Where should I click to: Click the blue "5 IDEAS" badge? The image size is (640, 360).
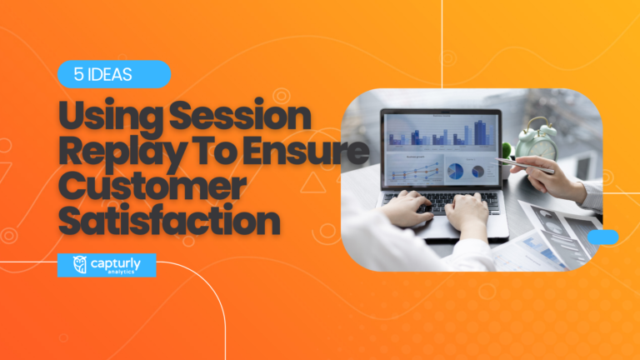pyautogui.click(x=114, y=74)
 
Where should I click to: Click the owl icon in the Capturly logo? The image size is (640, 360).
pyautogui.click(x=80, y=264)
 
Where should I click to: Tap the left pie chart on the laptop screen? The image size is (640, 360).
pyautogui.click(x=456, y=171)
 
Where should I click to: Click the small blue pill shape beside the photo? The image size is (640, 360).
pyautogui.click(x=602, y=237)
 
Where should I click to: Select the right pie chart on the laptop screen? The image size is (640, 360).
pyautogui.click(x=478, y=171)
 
